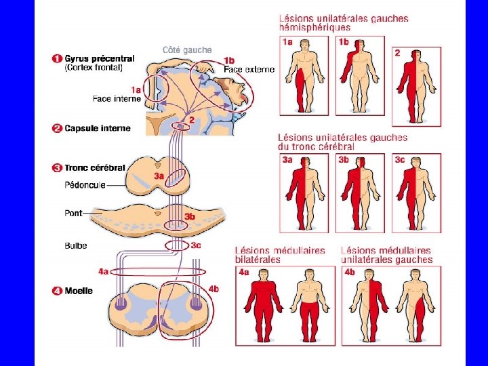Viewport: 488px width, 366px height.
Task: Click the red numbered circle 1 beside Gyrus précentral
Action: pyautogui.click(x=57, y=59)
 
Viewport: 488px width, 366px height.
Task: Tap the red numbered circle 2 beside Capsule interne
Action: pyautogui.click(x=57, y=127)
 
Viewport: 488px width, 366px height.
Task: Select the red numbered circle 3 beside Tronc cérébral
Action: pyautogui.click(x=57, y=167)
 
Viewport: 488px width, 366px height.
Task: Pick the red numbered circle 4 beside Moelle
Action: pyautogui.click(x=57, y=291)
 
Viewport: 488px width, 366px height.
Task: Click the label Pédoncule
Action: pyautogui.click(x=85, y=185)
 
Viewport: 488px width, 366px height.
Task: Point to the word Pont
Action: pyautogui.click(x=73, y=213)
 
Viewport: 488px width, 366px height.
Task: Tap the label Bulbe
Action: pyautogui.click(x=76, y=245)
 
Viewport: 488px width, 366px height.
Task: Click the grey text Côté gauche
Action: pyautogui.click(x=187, y=50)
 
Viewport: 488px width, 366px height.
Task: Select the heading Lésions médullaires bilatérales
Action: pyautogui.click(x=280, y=255)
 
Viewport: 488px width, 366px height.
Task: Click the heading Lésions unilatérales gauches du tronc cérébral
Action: pyautogui.click(x=343, y=142)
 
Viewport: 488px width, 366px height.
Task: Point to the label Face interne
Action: pyautogui.click(x=117, y=99)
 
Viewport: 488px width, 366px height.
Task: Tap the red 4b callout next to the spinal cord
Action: pyautogui.click(x=213, y=289)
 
